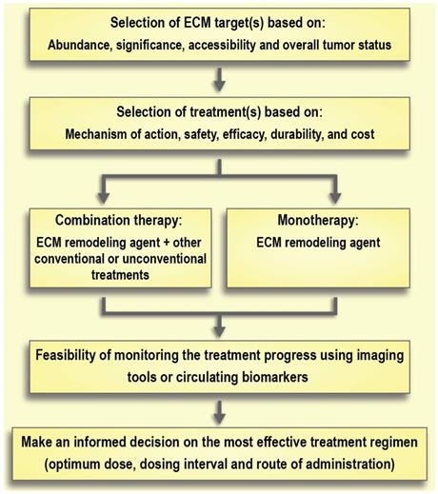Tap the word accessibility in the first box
[x=222, y=45]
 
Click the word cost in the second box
[x=363, y=134]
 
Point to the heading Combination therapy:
[x=119, y=220]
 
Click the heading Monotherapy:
[x=318, y=220]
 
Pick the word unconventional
[x=164, y=259]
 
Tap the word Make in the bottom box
[x=36, y=442]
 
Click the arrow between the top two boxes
[x=219, y=79]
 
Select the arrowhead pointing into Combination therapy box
[x=104, y=198]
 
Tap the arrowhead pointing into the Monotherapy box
[x=335, y=198]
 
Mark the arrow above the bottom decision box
[x=219, y=412]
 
